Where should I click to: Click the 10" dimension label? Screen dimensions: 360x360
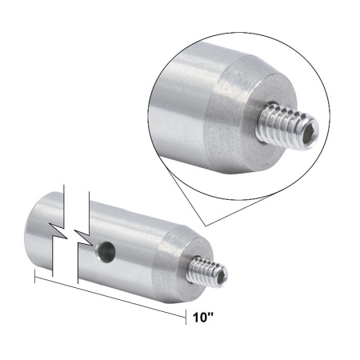coord(203,317)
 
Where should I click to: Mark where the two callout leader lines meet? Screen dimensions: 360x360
coord(206,222)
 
